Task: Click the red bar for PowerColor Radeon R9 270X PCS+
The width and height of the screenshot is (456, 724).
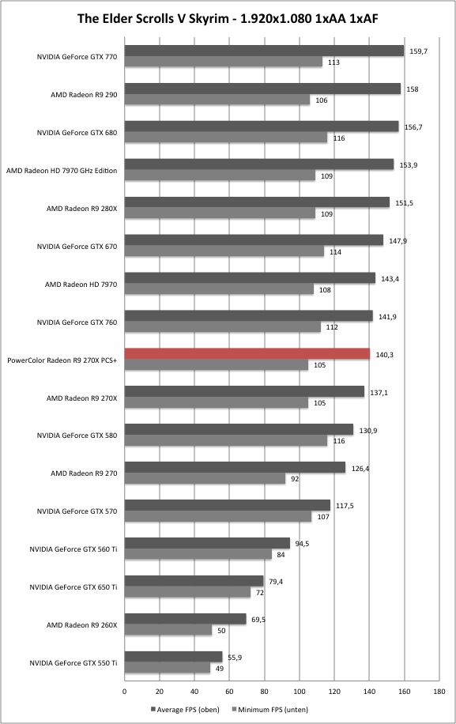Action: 247,353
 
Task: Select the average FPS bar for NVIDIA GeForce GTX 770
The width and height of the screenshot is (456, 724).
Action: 265,51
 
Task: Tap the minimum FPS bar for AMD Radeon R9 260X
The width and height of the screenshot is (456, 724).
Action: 168,630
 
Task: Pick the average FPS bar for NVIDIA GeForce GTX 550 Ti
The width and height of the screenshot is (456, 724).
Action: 174,657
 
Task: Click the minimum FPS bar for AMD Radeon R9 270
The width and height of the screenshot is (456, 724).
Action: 205,478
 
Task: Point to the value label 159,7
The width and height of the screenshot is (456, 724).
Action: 419,51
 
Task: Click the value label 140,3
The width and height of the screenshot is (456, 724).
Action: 384,355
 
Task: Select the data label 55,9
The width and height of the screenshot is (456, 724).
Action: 235,658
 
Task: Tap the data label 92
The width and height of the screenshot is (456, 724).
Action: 295,479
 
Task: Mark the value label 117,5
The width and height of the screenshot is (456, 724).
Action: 345,506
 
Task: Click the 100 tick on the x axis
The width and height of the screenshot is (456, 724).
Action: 300,692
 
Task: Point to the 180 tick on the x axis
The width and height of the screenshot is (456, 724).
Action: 439,692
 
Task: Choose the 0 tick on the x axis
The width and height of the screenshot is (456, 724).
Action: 125,692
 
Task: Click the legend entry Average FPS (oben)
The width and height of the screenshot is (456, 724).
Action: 185,710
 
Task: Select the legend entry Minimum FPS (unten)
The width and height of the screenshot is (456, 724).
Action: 269,710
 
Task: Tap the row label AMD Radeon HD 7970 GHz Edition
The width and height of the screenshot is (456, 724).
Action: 62,171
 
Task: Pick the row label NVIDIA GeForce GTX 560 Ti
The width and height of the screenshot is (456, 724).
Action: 73,549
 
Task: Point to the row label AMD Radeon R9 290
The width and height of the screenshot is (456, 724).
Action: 84,95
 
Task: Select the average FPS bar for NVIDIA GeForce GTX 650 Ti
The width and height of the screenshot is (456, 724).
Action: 194,581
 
